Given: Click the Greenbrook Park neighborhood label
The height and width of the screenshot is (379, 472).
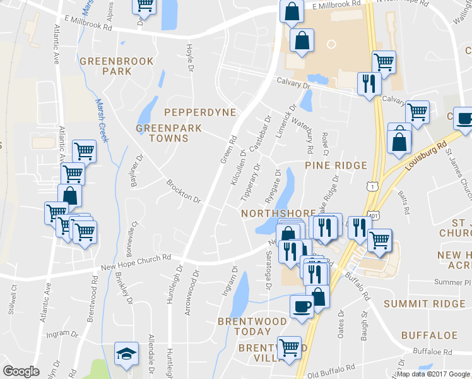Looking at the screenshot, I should [x=106, y=66].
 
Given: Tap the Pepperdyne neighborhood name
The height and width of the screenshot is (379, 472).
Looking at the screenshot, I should [x=199, y=112].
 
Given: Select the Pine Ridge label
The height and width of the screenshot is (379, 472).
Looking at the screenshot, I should [x=336, y=165].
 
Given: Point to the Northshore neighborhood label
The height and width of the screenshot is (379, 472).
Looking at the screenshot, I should [x=278, y=214].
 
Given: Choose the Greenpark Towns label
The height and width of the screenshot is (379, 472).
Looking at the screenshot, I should [x=169, y=133].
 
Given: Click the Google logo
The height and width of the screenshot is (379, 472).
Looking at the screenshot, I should [x=21, y=371].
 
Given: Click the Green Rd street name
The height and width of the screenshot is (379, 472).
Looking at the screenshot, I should [x=228, y=150].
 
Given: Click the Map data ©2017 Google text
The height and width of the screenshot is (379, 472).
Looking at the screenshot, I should [x=433, y=374].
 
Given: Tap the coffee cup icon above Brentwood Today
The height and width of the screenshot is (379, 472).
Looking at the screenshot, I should [x=301, y=306].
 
